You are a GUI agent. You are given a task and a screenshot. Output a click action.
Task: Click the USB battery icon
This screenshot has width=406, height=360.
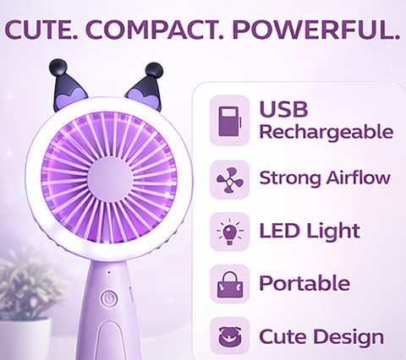point(230,121)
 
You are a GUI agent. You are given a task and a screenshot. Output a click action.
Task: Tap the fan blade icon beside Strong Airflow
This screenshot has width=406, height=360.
point(230,180)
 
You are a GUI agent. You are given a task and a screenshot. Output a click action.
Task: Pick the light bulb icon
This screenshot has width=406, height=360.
point(230,232)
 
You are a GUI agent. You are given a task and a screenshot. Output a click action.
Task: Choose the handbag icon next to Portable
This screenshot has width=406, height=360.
point(230,285)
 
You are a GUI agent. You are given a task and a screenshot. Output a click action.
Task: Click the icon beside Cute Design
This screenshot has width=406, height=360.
point(230,336)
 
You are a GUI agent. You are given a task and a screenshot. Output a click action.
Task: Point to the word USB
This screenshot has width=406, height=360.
point(283,109)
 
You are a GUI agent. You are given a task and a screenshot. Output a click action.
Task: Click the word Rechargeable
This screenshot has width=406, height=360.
point(326,133)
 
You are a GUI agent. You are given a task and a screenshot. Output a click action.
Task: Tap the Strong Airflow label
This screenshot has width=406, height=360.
point(325,178)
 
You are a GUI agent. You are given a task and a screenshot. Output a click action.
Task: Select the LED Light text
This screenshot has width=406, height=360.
point(310,232)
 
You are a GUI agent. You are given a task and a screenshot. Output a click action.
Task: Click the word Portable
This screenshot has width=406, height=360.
point(304,283)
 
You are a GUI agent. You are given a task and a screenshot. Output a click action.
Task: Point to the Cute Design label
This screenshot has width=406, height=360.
point(321,336)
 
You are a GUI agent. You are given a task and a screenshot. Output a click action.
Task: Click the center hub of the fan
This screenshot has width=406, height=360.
point(110,179)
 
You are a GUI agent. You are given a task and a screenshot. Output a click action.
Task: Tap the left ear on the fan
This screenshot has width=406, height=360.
point(69,85)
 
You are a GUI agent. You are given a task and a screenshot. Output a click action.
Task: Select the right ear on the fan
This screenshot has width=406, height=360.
point(145,87)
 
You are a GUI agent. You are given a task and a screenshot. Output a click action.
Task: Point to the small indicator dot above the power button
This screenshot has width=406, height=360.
point(109,272)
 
